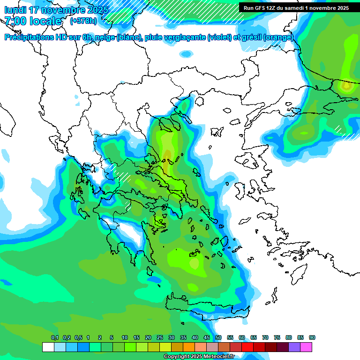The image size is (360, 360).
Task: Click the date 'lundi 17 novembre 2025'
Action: (56, 10)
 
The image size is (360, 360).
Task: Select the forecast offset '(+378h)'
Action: (83, 21)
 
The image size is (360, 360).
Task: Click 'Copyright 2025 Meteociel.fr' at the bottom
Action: (199, 356)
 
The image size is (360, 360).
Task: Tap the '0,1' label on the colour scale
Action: (55, 337)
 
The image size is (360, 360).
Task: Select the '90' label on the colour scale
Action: (312, 337)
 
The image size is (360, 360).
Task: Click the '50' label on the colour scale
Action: (218, 337)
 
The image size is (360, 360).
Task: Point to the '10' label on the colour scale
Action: (125, 337)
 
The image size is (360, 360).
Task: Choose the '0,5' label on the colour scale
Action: (78, 337)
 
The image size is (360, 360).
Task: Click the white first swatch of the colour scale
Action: (48, 347)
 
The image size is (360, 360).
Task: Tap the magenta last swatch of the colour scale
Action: (306, 347)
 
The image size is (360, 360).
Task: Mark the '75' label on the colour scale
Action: (277, 337)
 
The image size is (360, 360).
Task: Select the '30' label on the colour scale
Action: (172, 337)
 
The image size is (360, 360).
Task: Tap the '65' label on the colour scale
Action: (254, 337)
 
